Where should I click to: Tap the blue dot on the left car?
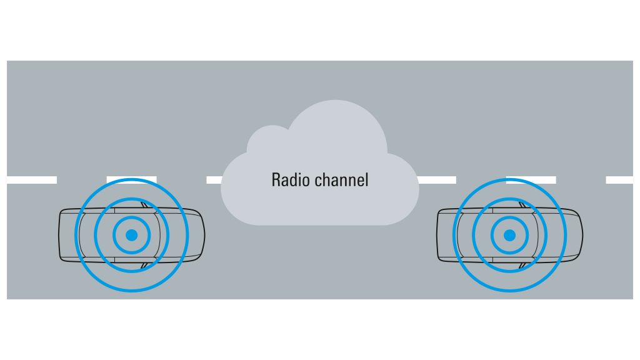[x=131, y=235]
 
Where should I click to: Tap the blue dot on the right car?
[x=509, y=235]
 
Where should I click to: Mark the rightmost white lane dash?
[x=619, y=180]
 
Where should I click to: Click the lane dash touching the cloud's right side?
[x=437, y=180]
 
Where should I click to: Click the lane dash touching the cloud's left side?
[x=214, y=180]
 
